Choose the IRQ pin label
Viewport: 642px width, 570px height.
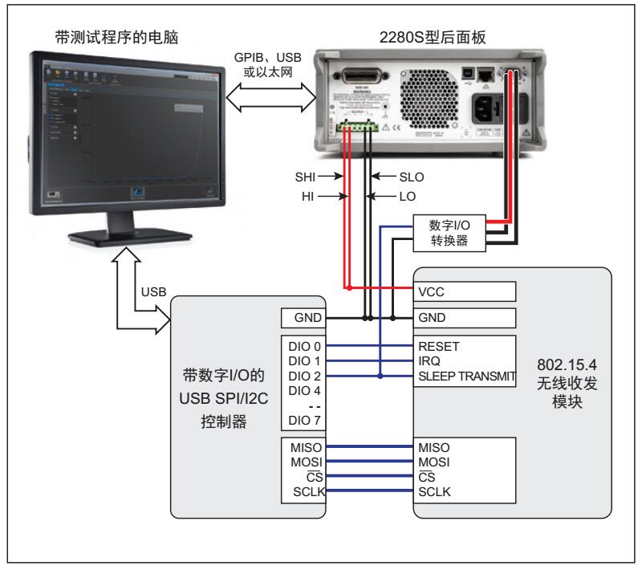point(429,362)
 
